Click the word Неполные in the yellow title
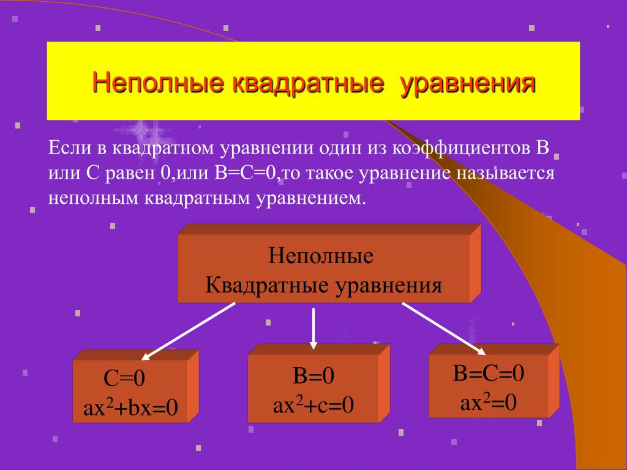pos(159,83)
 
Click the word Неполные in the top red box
pos(321,256)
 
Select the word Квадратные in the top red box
pos(268,286)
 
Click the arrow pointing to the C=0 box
pos(189,331)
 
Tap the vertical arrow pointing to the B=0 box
pos(313,329)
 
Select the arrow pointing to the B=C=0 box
pos(444,329)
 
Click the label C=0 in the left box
pos(124,378)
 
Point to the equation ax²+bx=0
pos(130,408)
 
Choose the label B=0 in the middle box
pos(313,376)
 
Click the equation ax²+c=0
pos(313,405)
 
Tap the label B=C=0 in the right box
pos(488,373)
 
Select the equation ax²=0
pos(488,402)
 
